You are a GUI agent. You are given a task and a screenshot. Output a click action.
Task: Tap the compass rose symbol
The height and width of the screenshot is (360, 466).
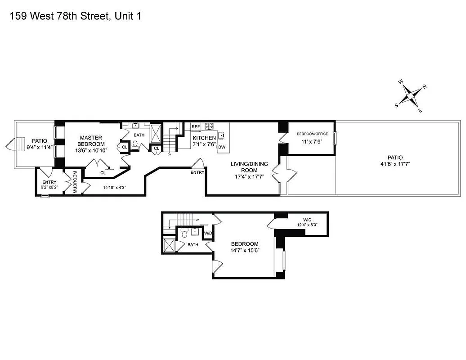[x=411, y=95]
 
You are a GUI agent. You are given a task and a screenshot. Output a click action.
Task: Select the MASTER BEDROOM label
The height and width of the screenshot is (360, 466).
[x=91, y=144]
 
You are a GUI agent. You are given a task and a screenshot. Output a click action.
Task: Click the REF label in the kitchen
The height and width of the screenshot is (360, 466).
[x=196, y=127]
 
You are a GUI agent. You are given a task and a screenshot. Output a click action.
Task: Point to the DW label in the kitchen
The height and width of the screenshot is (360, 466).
[x=221, y=147]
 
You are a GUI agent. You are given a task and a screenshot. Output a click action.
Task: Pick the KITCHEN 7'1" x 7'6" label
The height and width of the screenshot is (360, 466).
[x=204, y=141]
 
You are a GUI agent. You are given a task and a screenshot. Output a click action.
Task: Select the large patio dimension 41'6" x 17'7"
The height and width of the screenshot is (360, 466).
[x=395, y=161]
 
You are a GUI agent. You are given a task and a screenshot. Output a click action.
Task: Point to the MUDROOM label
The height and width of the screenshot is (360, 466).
[x=76, y=182]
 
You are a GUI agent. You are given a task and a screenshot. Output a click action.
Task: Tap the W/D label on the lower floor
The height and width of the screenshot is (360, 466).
[x=208, y=233]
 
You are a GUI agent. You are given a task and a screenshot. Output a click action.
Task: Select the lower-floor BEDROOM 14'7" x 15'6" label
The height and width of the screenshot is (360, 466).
[x=245, y=247]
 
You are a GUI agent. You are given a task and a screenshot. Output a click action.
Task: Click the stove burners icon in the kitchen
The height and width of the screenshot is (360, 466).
[x=209, y=126]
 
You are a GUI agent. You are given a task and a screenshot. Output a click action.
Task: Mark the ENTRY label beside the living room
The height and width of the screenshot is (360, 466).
[x=197, y=172]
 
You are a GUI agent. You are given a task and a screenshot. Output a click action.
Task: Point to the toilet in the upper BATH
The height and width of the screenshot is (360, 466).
[x=135, y=144]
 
